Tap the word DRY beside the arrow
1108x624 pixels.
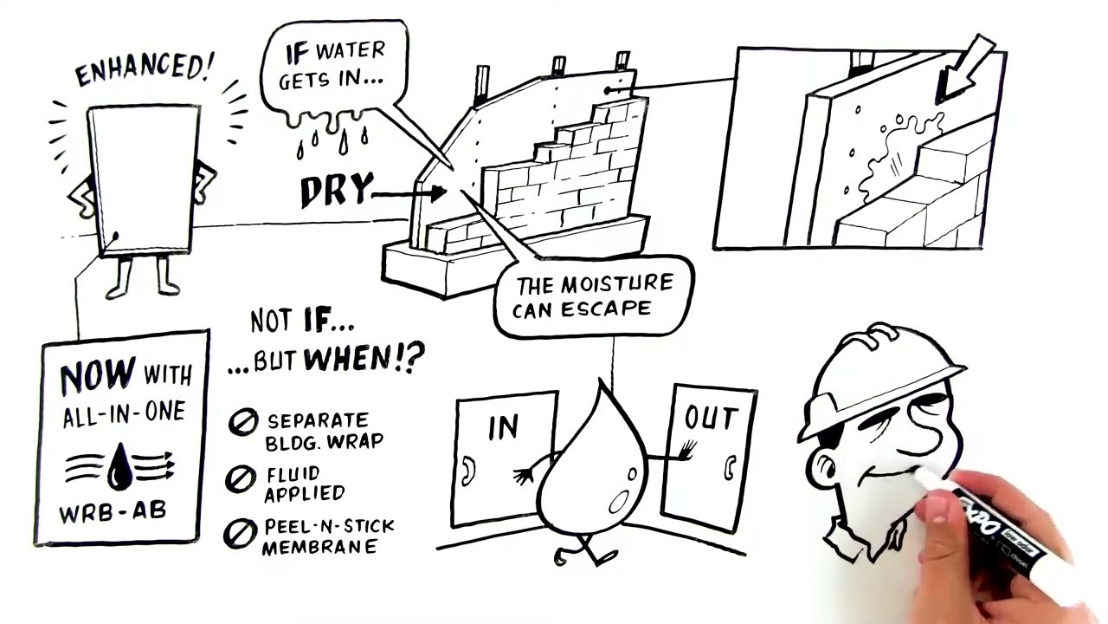(x=337, y=190)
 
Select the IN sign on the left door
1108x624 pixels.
(x=503, y=427)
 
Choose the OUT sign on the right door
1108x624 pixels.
(x=712, y=418)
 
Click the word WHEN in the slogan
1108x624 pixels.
(x=347, y=358)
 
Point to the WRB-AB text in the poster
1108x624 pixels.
(x=113, y=512)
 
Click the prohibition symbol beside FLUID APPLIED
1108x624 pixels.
(x=241, y=479)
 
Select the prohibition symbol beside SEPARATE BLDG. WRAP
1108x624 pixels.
(x=243, y=422)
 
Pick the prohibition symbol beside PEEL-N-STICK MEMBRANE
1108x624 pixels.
(x=241, y=533)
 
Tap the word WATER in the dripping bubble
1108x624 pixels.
(x=351, y=50)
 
